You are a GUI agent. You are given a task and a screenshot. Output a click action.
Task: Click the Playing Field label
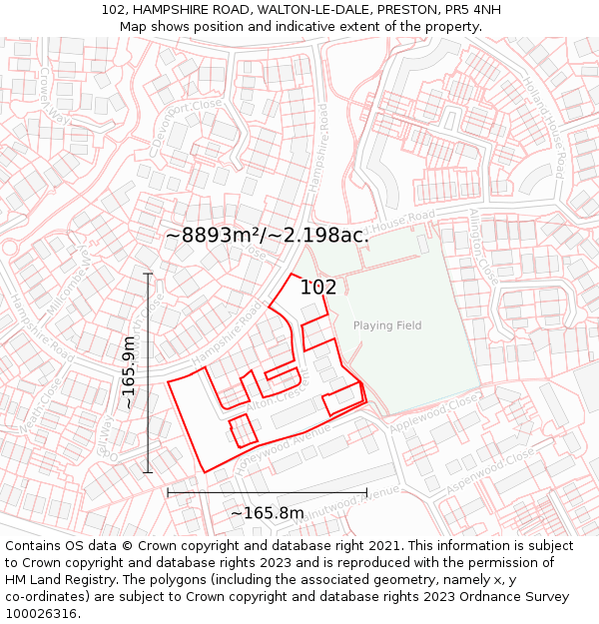coord(387,325)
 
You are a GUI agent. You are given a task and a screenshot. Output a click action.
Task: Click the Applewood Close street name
coord(434,415)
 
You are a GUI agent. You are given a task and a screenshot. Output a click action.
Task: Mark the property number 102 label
coord(318,288)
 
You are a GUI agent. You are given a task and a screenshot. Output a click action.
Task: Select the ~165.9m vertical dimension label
coord(129,372)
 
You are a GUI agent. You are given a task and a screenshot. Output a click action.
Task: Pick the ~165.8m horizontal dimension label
coord(268,513)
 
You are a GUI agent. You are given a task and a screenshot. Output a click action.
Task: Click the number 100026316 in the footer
coord(41,614)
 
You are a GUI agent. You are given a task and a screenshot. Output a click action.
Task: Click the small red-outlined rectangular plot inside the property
coord(244,430)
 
